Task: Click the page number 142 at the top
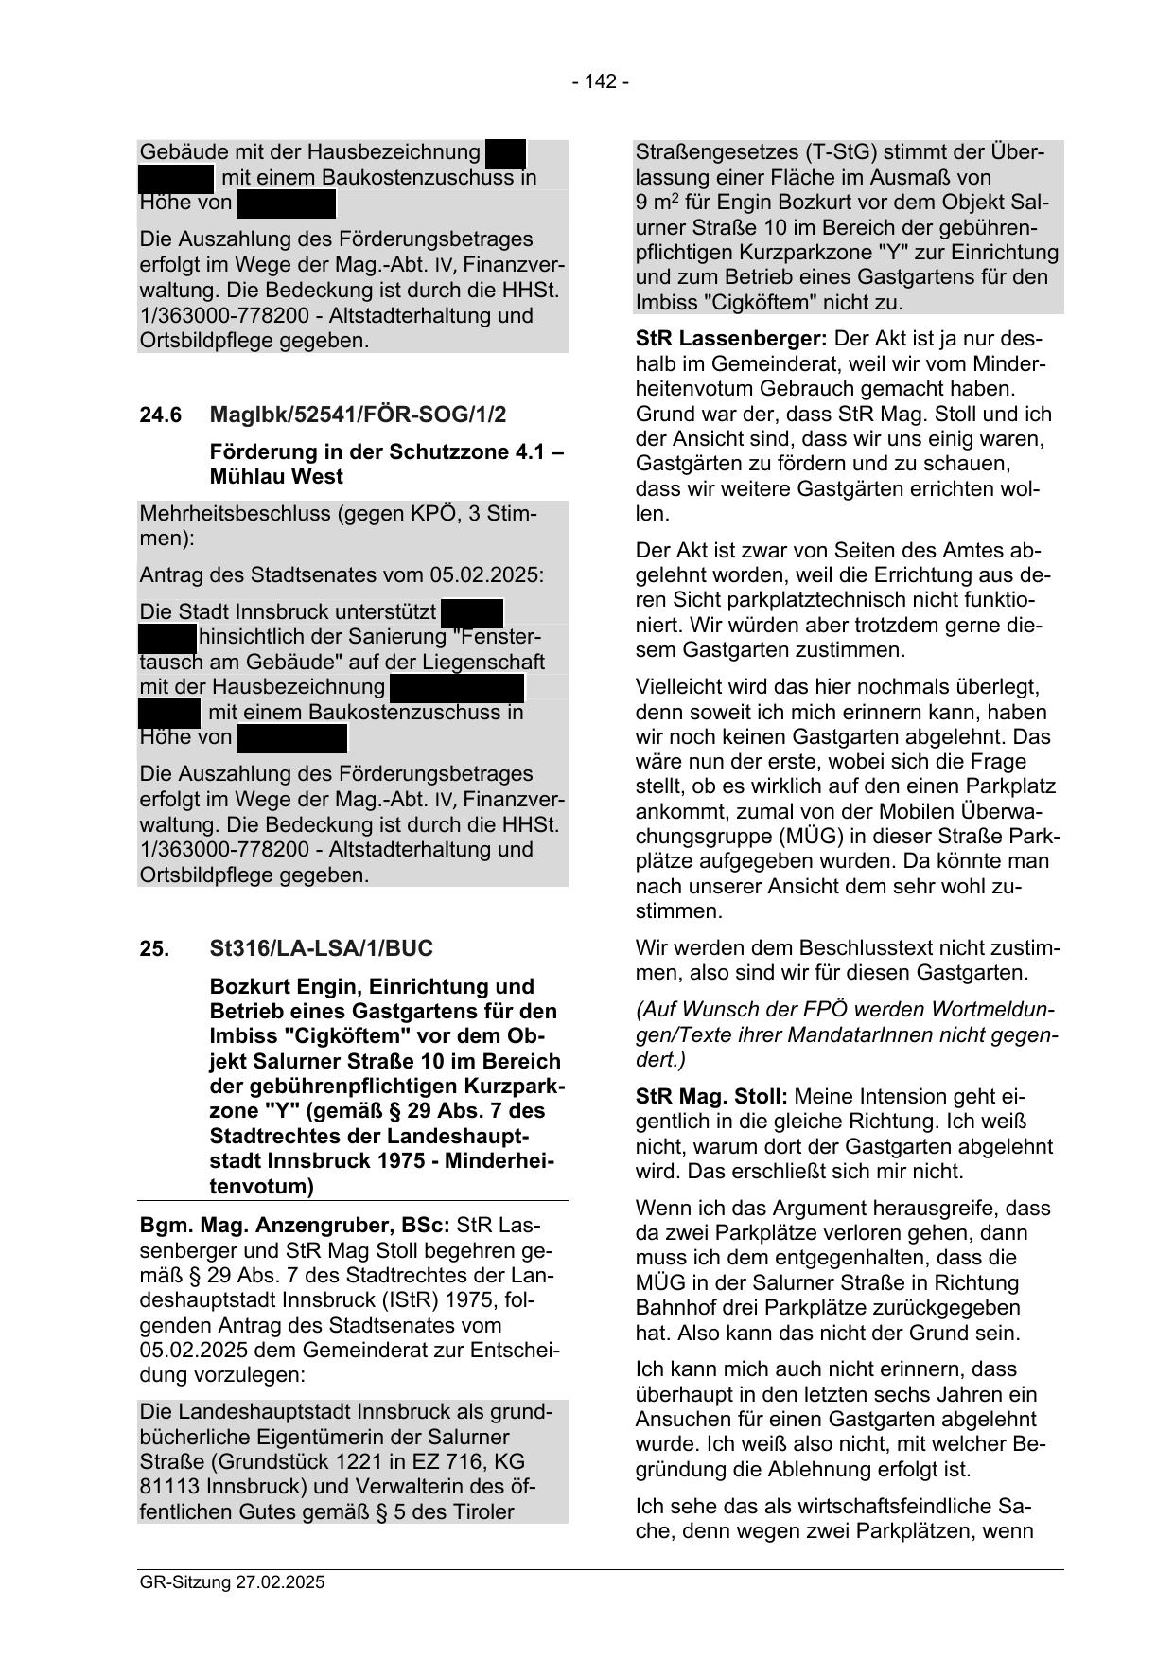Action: pos(600,81)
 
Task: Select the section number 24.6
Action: pos(158,415)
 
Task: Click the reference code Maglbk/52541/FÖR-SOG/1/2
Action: pos(358,415)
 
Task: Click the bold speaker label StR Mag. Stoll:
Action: pos(711,1097)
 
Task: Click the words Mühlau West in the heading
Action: pos(276,477)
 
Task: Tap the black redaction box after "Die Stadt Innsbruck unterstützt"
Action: pos(472,611)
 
